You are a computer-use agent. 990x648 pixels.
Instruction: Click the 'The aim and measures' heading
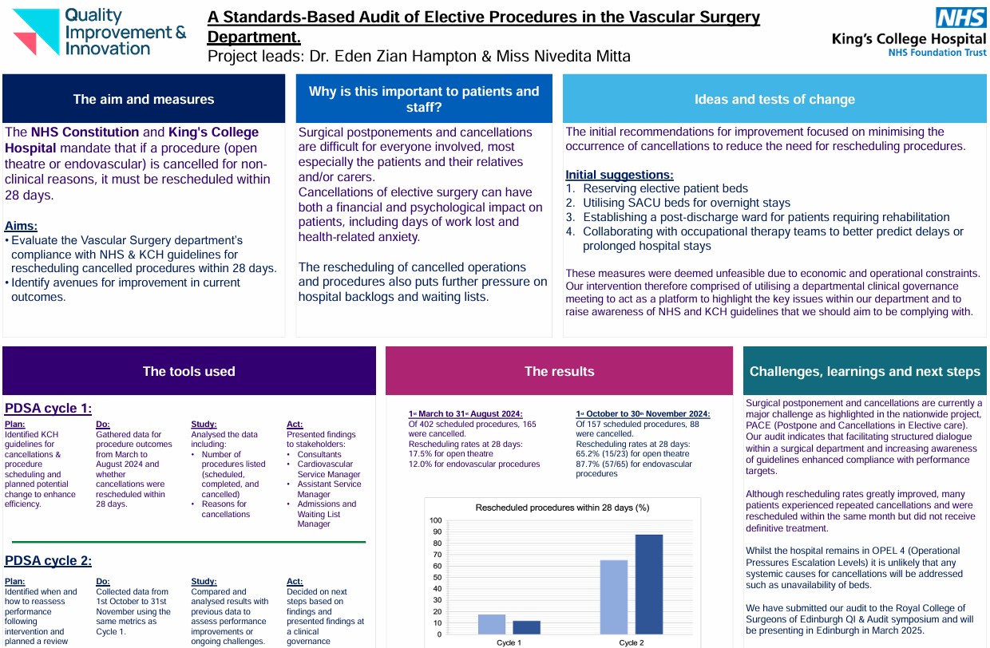[144, 100]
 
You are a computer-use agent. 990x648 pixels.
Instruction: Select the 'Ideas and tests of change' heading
[774, 100]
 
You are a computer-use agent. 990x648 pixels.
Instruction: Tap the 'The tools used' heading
[188, 371]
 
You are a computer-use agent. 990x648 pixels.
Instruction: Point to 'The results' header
[559, 371]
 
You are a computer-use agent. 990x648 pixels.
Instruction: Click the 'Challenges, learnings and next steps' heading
[865, 371]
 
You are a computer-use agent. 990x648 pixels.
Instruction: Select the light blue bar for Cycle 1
[492, 624]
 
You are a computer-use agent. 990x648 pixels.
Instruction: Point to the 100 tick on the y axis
[435, 520]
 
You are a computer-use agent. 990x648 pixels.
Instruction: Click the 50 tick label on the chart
[437, 578]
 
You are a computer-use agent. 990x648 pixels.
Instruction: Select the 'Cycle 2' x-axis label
[631, 642]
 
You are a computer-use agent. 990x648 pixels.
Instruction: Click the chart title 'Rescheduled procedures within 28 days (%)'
[562, 508]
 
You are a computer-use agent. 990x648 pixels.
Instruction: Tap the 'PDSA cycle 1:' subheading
[48, 409]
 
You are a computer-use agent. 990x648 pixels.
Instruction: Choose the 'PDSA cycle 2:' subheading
[48, 560]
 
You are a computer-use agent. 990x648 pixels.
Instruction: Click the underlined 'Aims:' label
[21, 226]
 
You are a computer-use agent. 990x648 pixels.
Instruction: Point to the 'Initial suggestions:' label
[619, 175]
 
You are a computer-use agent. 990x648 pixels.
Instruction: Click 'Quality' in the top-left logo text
[93, 14]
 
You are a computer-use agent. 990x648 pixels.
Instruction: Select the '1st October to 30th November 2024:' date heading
[643, 414]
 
